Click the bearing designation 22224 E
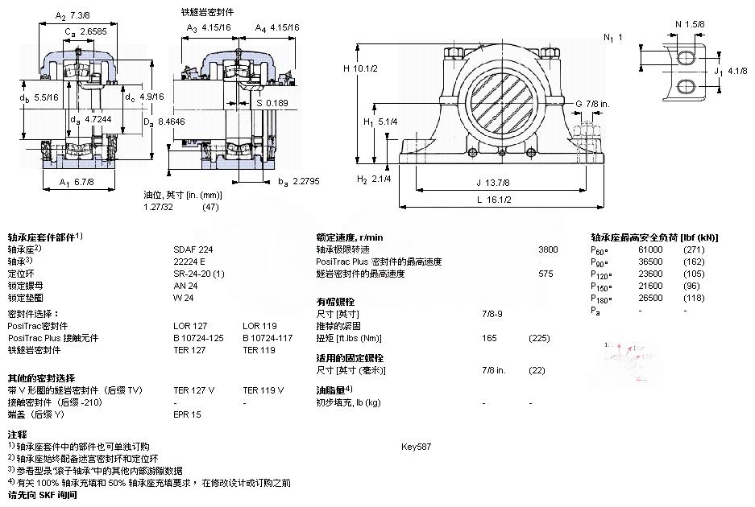coord(189,261)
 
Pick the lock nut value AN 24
coord(185,285)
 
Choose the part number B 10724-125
coord(198,338)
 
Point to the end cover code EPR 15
coord(187,414)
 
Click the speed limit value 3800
coord(547,249)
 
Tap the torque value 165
coord(488,338)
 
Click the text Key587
coord(415,446)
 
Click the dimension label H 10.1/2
coord(361,68)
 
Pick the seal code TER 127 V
coord(194,390)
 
